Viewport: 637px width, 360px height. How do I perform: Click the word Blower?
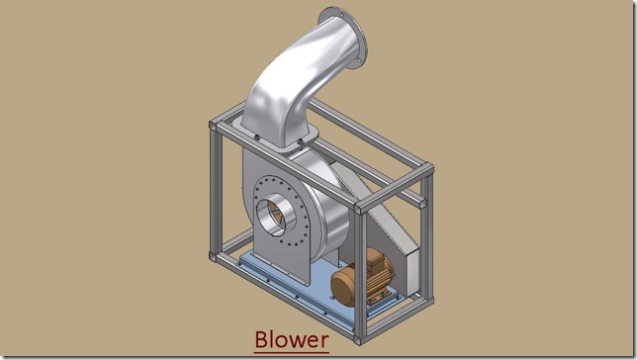(292, 339)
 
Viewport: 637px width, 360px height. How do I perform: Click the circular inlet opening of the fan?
(276, 215)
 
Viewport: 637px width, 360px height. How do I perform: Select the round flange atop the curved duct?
(343, 37)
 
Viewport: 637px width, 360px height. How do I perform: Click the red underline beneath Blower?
(291, 352)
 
